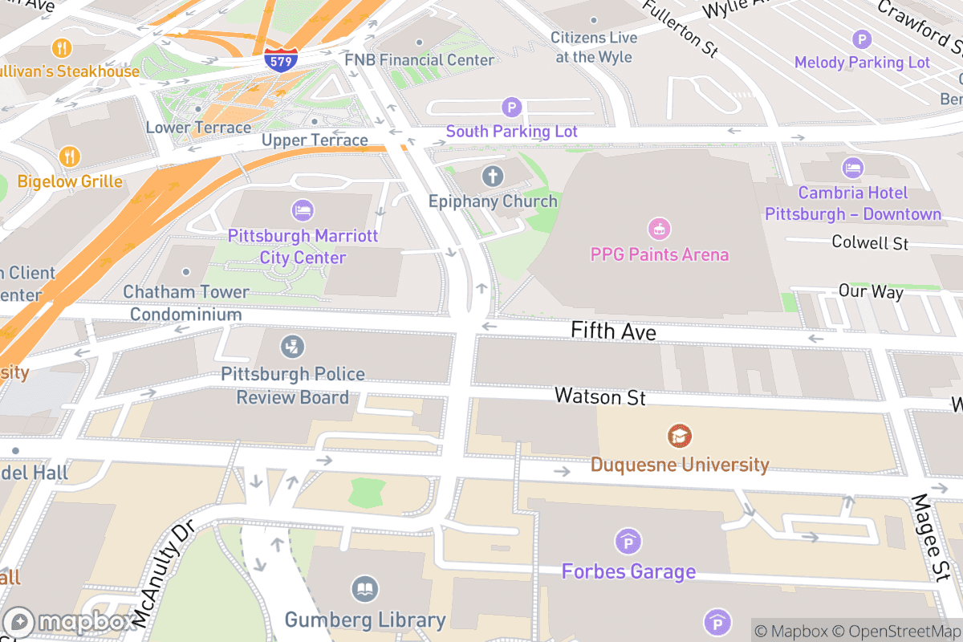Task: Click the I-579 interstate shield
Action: pyautogui.click(x=281, y=60)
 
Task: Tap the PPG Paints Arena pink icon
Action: pyautogui.click(x=659, y=230)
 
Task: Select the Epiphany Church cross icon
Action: pyautogui.click(x=492, y=176)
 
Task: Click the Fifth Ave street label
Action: pyautogui.click(x=613, y=331)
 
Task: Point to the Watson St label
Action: pyautogui.click(x=599, y=396)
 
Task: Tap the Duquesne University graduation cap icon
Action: pyautogui.click(x=680, y=437)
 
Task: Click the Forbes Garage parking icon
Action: pyautogui.click(x=628, y=542)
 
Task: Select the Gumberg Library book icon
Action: pyautogui.click(x=364, y=590)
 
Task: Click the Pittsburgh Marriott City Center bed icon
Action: pyautogui.click(x=303, y=210)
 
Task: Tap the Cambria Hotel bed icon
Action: pyautogui.click(x=852, y=168)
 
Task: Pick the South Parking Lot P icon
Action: pyautogui.click(x=511, y=107)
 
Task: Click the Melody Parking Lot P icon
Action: pyautogui.click(x=861, y=39)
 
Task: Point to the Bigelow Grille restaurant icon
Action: pyautogui.click(x=70, y=156)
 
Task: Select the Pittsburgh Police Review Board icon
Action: pyautogui.click(x=292, y=347)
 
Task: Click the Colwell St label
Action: pyautogui.click(x=869, y=242)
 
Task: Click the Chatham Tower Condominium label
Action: pyautogui.click(x=185, y=303)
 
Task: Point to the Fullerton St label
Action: pyautogui.click(x=680, y=27)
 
